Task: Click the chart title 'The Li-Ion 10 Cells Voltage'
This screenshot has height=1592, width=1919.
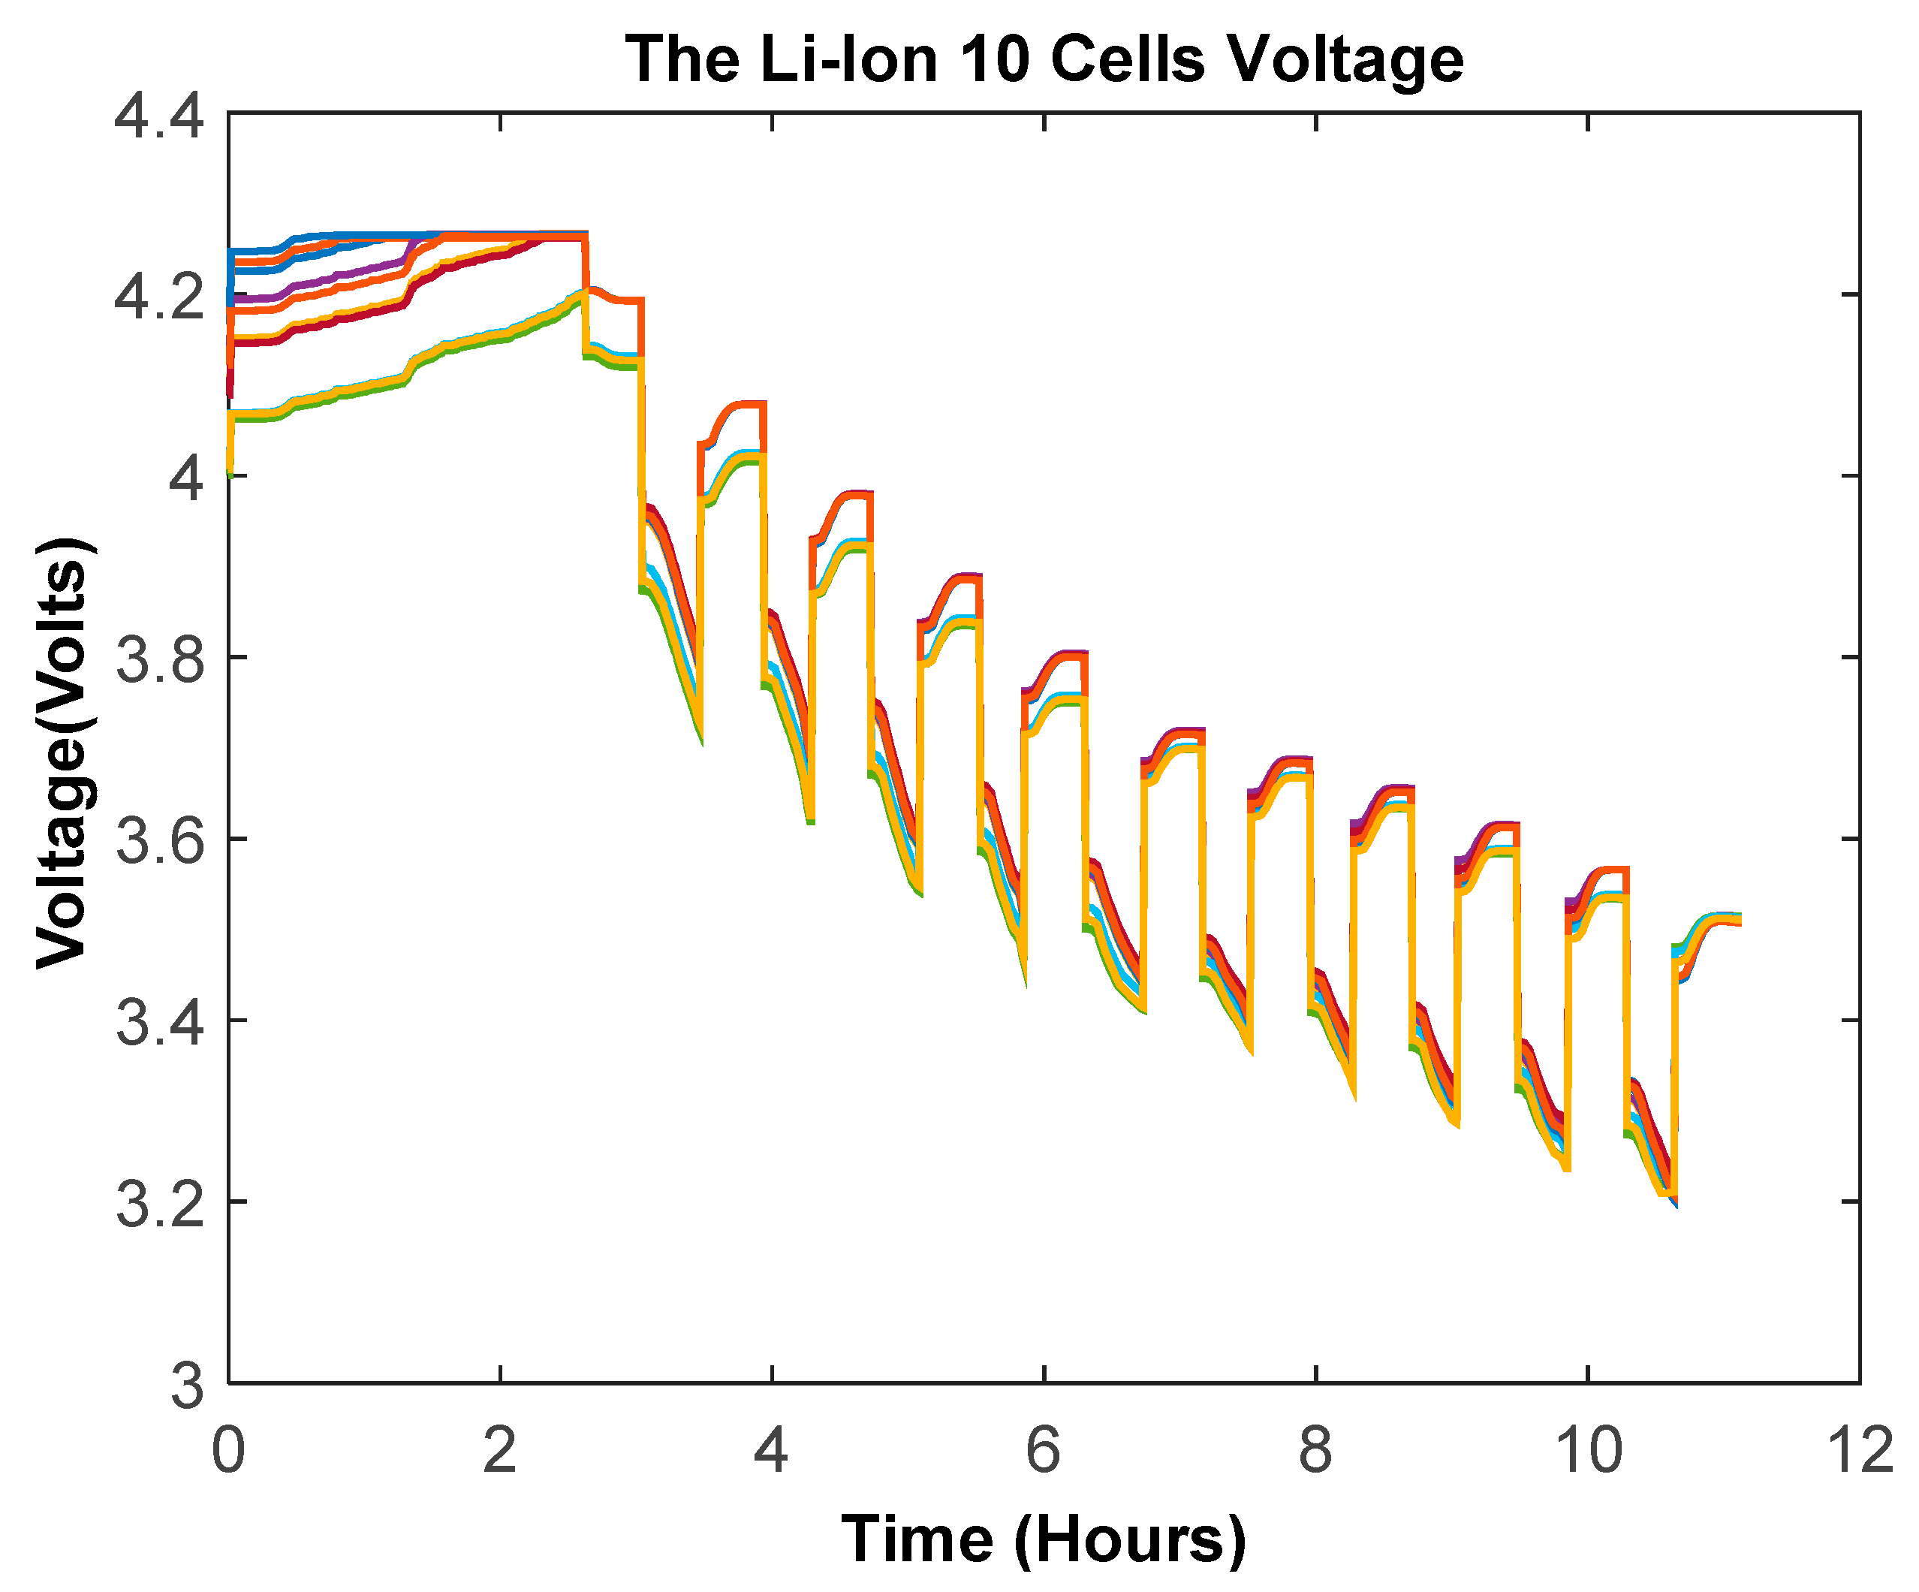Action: click(1044, 59)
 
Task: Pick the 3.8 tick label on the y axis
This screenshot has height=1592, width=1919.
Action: click(158, 660)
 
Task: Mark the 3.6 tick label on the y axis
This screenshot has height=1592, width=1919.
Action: click(158, 841)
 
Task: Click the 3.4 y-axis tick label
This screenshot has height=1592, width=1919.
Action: click(158, 1022)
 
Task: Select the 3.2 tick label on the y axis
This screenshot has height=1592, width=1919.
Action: click(158, 1204)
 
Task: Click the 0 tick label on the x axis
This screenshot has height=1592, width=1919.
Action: click(228, 1449)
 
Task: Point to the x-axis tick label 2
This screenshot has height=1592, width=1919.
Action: click(500, 1449)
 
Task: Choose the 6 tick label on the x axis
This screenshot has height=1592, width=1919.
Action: click(1043, 1449)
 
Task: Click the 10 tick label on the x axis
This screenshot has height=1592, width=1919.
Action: click(1588, 1449)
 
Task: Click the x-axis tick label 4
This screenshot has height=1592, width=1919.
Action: click(771, 1449)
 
